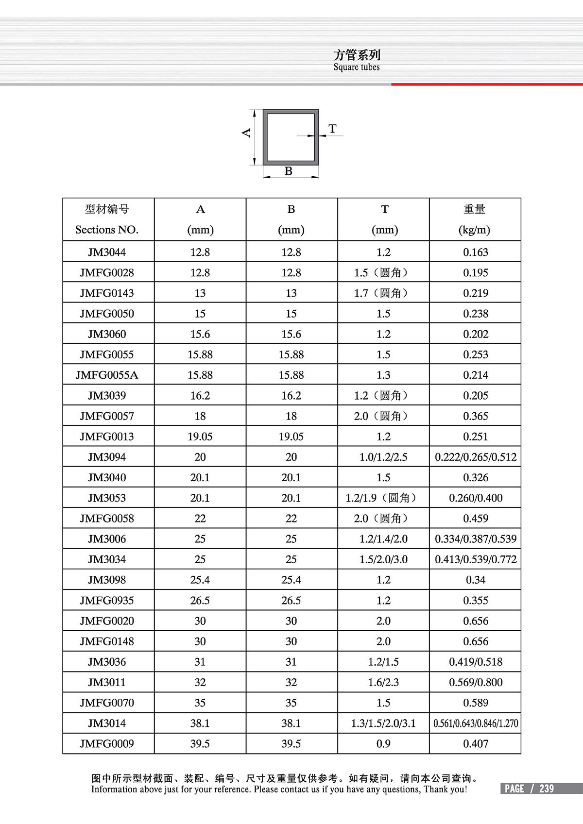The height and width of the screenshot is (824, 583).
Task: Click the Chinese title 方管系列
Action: pyautogui.click(x=357, y=55)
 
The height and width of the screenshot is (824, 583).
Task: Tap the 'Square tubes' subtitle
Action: pyautogui.click(x=357, y=67)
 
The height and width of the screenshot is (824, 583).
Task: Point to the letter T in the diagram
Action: pyautogui.click(x=332, y=129)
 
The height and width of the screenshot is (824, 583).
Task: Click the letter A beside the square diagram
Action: pyautogui.click(x=246, y=133)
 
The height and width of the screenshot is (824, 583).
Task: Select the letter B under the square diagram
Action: pyautogui.click(x=289, y=171)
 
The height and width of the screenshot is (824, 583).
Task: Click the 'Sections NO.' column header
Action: pyautogui.click(x=107, y=230)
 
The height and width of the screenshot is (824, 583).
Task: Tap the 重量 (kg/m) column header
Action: pyautogui.click(x=475, y=219)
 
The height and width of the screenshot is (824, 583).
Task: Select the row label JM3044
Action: pyautogui.click(x=107, y=252)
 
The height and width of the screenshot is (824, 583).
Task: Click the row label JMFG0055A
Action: pyautogui.click(x=107, y=375)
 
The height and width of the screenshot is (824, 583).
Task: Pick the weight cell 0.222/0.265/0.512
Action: pyautogui.click(x=476, y=457)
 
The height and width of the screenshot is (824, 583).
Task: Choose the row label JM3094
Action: pyautogui.click(x=107, y=457)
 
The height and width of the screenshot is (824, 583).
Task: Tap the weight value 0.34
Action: pyautogui.click(x=476, y=580)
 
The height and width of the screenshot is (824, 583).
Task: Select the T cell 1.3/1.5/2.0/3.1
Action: pyautogui.click(x=383, y=723)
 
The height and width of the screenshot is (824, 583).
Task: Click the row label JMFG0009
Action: pyautogui.click(x=107, y=744)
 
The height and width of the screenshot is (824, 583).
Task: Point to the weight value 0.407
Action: pyautogui.click(x=476, y=744)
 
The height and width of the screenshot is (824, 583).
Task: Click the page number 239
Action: pyautogui.click(x=547, y=789)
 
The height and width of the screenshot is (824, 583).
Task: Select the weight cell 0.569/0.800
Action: pyautogui.click(x=476, y=683)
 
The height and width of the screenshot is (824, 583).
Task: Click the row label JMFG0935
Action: pyautogui.click(x=107, y=601)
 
